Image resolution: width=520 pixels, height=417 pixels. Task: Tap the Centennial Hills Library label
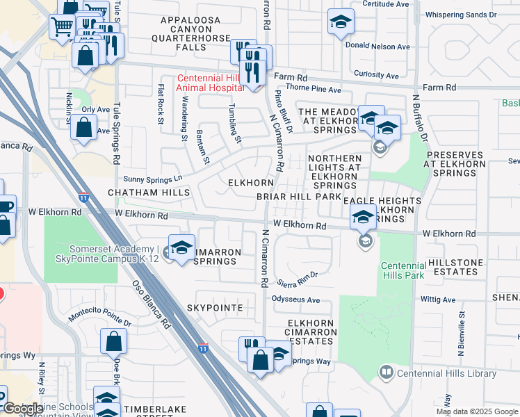pyautogui.click(x=447, y=373)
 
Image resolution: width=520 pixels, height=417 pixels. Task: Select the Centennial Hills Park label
pyautogui.click(x=403, y=271)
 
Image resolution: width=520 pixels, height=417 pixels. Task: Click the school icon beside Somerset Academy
pyautogui.click(x=181, y=247)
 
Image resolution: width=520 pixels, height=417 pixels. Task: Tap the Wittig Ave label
pyautogui.click(x=438, y=300)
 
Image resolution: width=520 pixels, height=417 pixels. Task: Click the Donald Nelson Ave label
pyautogui.click(x=378, y=47)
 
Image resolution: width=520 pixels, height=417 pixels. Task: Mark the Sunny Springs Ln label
pyautogui.click(x=152, y=179)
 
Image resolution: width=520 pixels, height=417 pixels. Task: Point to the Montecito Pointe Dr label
pyautogui.click(x=99, y=319)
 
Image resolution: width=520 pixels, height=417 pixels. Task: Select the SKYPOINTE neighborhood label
pyautogui.click(x=215, y=307)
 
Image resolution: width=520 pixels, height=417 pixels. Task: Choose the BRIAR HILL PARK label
pyautogui.click(x=299, y=197)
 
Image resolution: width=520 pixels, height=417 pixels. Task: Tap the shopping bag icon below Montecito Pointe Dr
pyautogui.click(x=113, y=342)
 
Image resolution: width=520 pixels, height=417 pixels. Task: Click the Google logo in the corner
pyautogui.click(x=22, y=408)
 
